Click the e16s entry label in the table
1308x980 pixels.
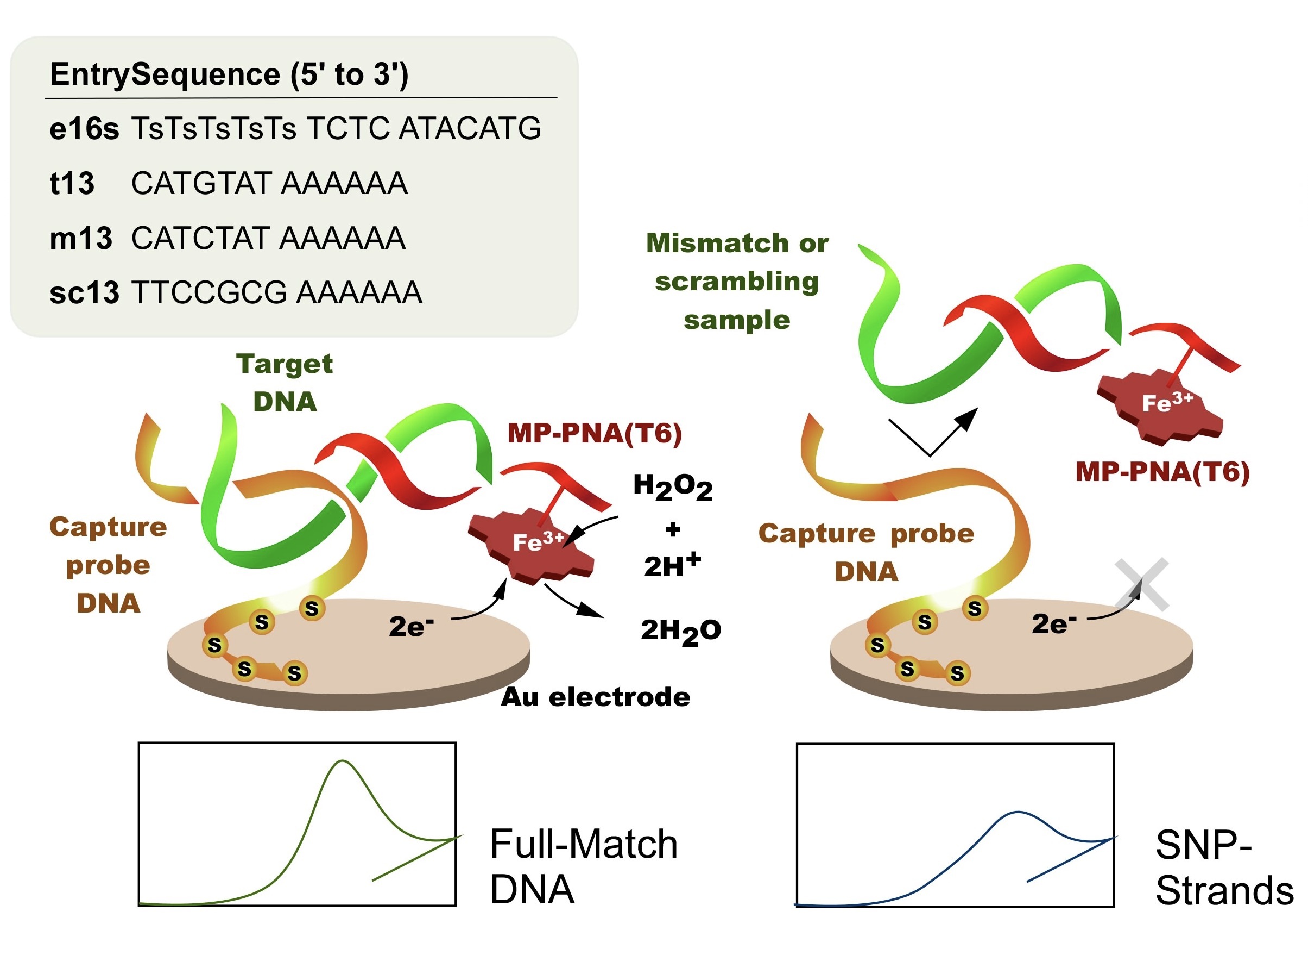[x=84, y=128]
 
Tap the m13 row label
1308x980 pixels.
[x=80, y=238]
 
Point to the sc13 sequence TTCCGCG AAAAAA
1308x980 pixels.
[x=277, y=292]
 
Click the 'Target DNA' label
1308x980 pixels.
[x=285, y=382]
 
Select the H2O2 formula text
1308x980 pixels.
[x=672, y=487]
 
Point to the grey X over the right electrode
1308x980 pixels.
[x=1141, y=584]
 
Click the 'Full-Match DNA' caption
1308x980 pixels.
[x=583, y=866]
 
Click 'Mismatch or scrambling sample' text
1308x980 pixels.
[x=737, y=282]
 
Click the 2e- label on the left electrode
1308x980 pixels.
[x=411, y=626]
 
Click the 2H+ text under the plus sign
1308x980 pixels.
[x=672, y=566]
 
